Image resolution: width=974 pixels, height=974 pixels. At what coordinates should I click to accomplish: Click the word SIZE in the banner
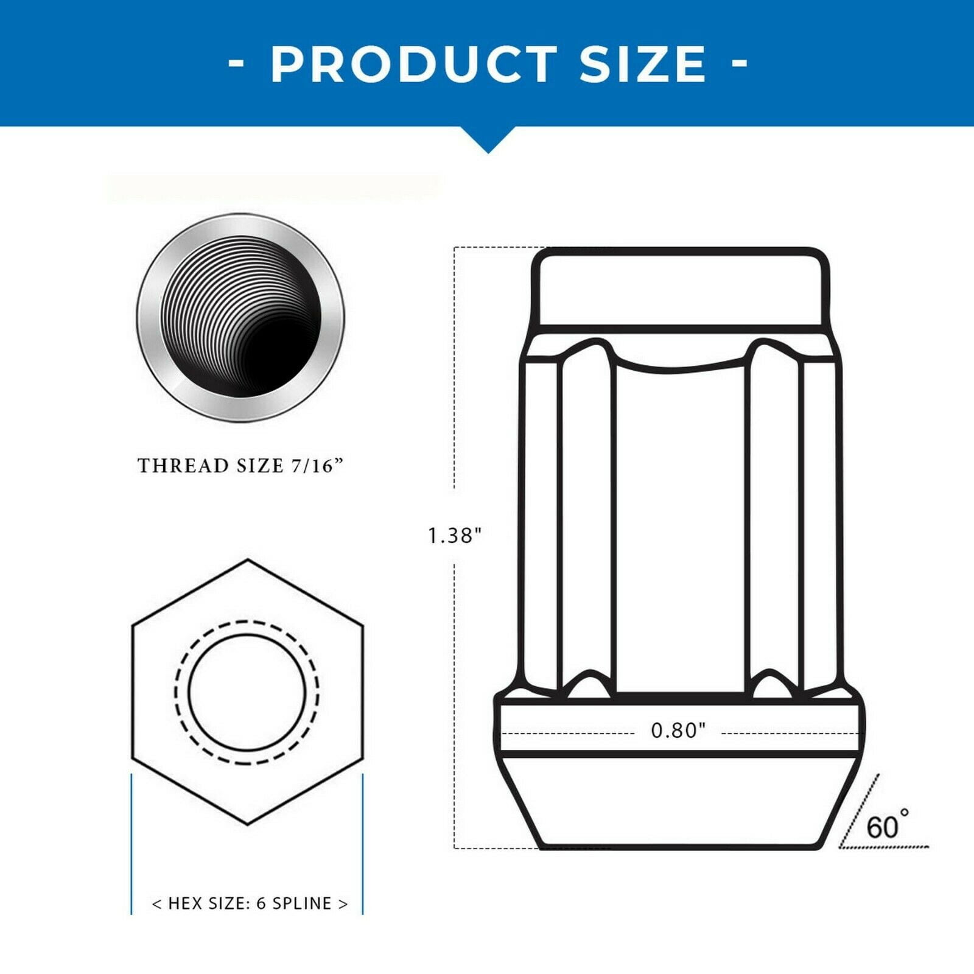643,64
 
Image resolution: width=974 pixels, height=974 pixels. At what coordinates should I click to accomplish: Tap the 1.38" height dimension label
455,536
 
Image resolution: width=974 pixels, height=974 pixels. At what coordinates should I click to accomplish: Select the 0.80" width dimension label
678,730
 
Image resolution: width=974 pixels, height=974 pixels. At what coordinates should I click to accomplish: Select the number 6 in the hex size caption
261,903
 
